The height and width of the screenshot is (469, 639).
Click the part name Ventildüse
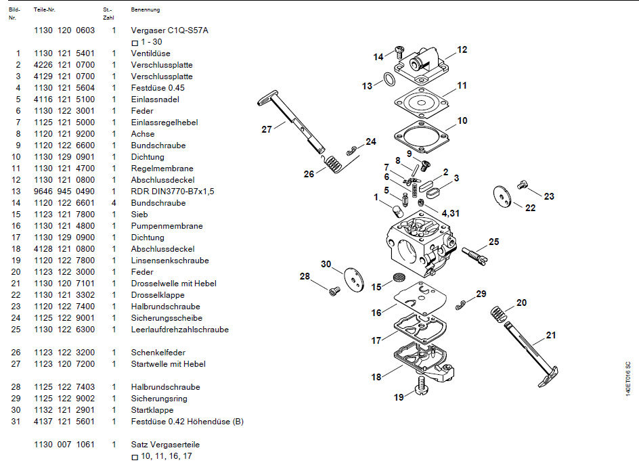pos(150,53)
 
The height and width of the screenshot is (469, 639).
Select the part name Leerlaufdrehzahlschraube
pos(179,330)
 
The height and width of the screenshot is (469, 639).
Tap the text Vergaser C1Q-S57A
pos(169,30)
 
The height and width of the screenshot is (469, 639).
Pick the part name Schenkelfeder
pos(158,353)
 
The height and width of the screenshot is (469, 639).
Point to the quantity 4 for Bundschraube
pos(114,203)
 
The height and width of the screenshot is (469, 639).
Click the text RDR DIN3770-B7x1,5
pos(172,192)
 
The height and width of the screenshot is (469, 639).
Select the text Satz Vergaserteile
pos(165,445)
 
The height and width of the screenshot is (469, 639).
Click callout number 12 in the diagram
pos(462,49)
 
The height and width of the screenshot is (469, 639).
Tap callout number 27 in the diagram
pos(266,129)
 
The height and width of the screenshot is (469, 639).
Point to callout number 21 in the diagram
pos(550,334)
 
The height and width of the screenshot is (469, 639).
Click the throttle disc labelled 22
pos(503,194)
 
